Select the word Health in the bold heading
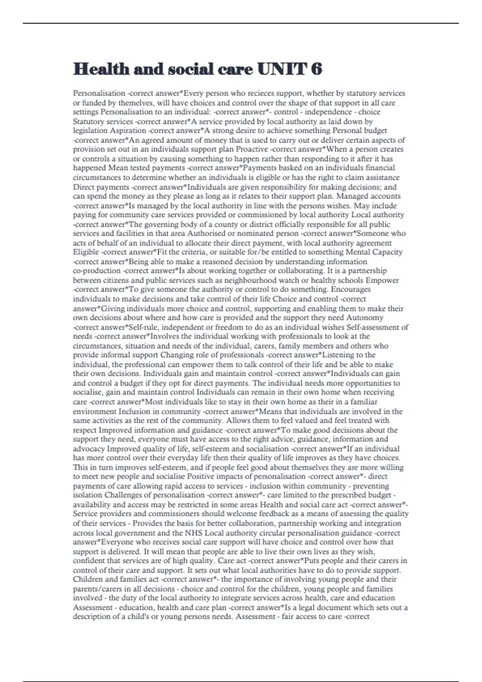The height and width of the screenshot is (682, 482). pos(101,69)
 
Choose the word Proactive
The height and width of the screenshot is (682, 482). pos(252,149)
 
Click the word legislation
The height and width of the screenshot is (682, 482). pos(90,130)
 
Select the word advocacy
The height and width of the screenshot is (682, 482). pos(88,449)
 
